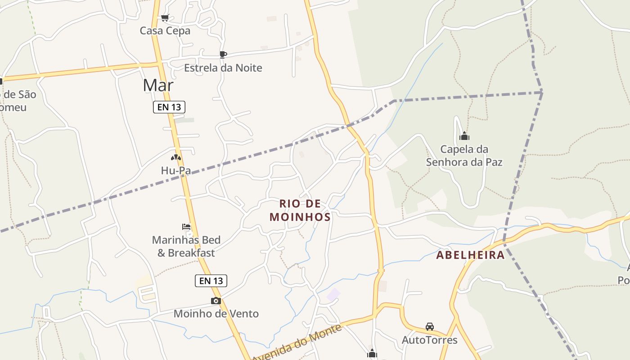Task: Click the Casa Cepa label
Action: (165, 31)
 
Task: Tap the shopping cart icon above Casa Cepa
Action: (165, 18)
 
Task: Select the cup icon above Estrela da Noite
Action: (223, 54)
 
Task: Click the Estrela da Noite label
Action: (223, 68)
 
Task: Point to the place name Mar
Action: (158, 85)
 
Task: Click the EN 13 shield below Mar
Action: (169, 107)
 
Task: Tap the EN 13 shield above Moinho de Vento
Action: (211, 281)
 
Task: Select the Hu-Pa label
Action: (175, 171)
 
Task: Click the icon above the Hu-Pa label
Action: (175, 157)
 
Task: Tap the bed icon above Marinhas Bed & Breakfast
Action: (186, 227)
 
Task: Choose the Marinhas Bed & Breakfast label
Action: (186, 246)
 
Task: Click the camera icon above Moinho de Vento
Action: (216, 301)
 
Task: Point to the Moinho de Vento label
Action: (216, 314)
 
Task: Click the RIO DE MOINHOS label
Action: (300, 210)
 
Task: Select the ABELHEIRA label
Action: (470, 255)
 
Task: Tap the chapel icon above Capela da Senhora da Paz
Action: (464, 136)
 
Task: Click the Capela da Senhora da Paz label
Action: (464, 155)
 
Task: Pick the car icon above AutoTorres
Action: (429, 327)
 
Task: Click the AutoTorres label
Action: (429, 340)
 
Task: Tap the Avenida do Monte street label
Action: (297, 344)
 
